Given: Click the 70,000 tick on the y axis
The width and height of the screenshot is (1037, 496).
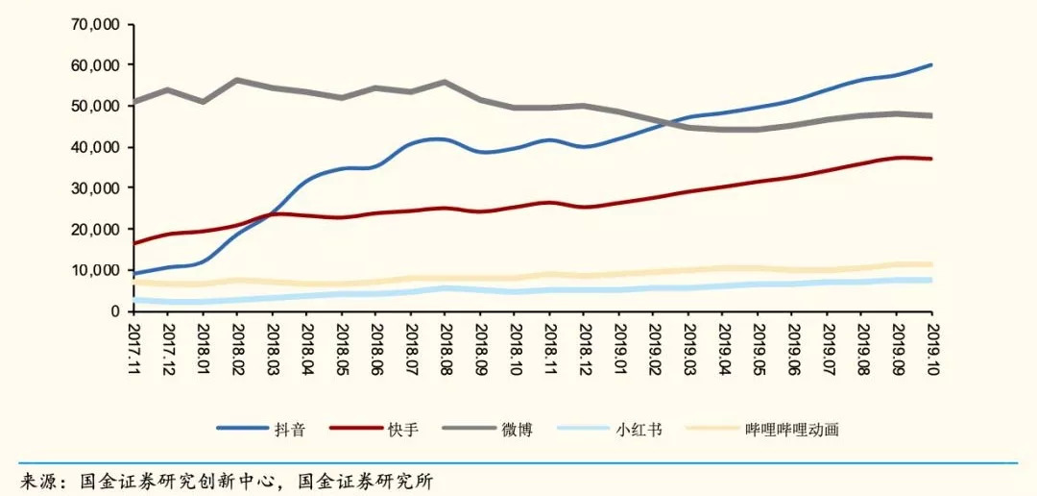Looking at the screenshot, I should click(93, 24).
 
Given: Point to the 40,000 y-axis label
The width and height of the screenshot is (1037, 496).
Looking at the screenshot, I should click(93, 147).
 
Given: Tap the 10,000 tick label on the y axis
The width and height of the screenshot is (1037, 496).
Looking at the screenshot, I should click(93, 270).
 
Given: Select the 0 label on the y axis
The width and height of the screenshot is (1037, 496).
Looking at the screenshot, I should click(113, 311).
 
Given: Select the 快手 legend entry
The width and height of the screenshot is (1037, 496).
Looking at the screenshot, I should click(403, 430).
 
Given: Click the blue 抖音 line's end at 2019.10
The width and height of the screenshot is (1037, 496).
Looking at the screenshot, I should click(930, 65).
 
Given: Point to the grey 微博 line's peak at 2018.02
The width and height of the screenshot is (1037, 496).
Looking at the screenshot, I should click(237, 80).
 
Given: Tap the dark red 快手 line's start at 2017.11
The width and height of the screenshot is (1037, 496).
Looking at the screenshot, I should click(134, 243).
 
